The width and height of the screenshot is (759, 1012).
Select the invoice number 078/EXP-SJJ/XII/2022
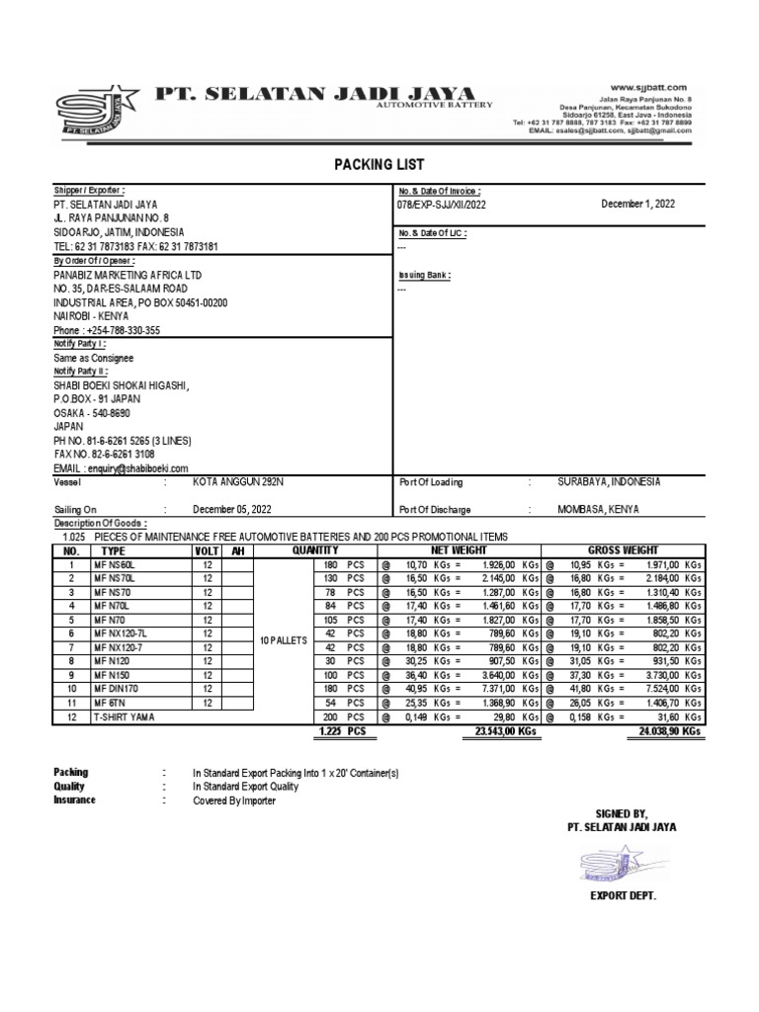tap(441, 205)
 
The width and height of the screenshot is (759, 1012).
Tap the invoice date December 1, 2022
tap(637, 205)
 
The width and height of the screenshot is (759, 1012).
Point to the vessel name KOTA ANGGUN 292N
tap(236, 482)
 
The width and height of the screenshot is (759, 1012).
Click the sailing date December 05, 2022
tap(231, 510)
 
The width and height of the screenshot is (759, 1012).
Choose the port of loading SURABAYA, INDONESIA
tap(609, 482)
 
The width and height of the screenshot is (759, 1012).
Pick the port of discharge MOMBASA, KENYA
tap(598, 510)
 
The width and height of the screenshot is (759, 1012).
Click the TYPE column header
tap(114, 550)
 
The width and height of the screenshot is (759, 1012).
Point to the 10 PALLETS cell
tap(285, 640)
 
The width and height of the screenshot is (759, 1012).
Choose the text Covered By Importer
tap(234, 801)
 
